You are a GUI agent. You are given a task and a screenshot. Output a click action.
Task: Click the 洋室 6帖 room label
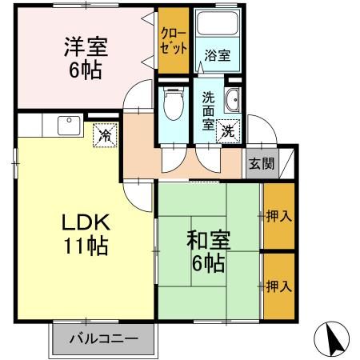(x=83, y=58)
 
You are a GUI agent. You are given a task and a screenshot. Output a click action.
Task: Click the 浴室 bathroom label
(x=217, y=56)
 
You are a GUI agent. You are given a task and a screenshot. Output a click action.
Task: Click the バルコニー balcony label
(x=102, y=338)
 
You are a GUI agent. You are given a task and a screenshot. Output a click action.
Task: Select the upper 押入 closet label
(x=278, y=215)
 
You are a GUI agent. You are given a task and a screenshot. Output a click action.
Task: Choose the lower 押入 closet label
(x=278, y=285)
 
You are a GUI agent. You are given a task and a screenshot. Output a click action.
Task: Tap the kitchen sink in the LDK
(x=67, y=126)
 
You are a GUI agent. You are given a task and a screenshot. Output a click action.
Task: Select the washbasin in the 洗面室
(x=232, y=102)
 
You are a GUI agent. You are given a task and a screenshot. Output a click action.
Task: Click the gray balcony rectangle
(x=102, y=338)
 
